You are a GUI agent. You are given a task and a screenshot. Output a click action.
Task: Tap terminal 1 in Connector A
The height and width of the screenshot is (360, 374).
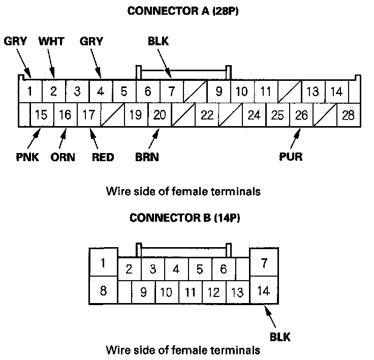pyautogui.click(x=30, y=92)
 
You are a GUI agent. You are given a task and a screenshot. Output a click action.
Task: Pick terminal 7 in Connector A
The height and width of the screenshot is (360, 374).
pyautogui.click(x=172, y=92)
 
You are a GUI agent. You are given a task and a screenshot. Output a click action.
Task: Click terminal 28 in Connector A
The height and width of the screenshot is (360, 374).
pyautogui.click(x=348, y=115)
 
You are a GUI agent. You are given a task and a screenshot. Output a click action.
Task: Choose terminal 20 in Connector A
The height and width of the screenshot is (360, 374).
pyautogui.click(x=160, y=115)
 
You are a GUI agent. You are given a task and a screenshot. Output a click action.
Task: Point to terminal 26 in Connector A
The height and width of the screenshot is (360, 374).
pyautogui.click(x=301, y=115)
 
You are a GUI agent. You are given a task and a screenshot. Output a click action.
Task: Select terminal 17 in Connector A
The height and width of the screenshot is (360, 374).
pyautogui.click(x=88, y=115)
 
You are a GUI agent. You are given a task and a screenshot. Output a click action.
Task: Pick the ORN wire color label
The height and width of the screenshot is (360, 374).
pyautogui.click(x=63, y=157)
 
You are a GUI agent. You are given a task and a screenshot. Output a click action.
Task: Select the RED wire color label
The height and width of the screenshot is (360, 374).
pyautogui.click(x=103, y=157)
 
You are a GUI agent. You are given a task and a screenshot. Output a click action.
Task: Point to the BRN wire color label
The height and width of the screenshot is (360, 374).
pyautogui.click(x=147, y=157)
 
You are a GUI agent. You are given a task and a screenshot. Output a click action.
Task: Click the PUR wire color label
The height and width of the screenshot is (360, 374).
pyautogui.click(x=291, y=157)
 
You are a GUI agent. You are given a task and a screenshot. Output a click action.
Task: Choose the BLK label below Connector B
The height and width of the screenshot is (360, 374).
pyautogui.click(x=279, y=336)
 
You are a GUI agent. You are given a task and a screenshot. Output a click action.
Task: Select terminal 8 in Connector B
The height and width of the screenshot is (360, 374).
pyautogui.click(x=103, y=291)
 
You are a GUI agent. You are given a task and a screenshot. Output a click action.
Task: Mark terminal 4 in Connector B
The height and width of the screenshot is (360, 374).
pyautogui.click(x=175, y=269)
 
